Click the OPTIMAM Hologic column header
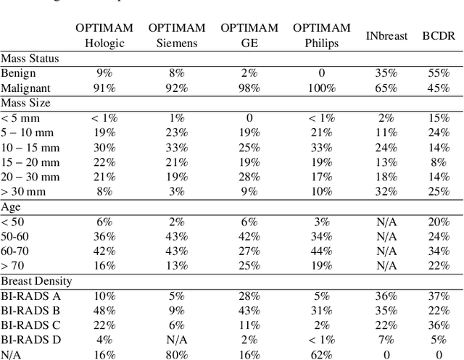point(104,35)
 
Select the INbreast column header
point(386,35)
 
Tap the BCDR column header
point(437,35)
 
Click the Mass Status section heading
point(30,59)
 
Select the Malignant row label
point(23,88)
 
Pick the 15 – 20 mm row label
point(29,162)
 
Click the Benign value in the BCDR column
point(437,73)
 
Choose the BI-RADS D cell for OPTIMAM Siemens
point(177,339)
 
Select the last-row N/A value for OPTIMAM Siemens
point(177,354)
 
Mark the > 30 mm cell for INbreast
point(386,191)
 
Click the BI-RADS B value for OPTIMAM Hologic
point(104,310)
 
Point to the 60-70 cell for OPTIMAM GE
point(249,251)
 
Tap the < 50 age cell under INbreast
point(386,221)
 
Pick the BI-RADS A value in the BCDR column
point(437,295)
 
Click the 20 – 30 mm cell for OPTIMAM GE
point(249,177)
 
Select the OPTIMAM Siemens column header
point(177,35)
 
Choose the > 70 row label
point(13,265)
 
